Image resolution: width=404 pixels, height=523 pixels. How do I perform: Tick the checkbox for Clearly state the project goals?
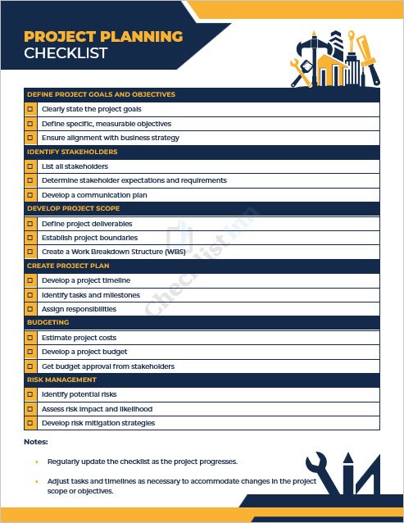pos(31,109)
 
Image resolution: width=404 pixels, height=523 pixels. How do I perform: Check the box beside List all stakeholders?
pos(31,166)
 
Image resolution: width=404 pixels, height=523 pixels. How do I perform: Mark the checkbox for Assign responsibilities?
pos(31,309)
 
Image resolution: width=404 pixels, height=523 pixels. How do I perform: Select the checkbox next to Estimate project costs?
pos(31,338)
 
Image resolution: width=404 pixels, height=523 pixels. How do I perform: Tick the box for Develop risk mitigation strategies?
pos(31,423)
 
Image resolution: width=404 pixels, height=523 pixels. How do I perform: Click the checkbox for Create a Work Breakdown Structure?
pos(31,252)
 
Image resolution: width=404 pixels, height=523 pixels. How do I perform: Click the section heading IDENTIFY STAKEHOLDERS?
pos(72,152)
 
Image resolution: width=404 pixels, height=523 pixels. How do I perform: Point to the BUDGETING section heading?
pos(49,323)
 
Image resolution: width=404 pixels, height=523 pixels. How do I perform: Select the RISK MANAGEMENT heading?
pos(61,380)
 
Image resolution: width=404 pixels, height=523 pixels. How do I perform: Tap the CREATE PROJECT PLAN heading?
pos(68,266)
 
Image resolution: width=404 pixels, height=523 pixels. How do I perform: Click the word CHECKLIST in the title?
pos(66,54)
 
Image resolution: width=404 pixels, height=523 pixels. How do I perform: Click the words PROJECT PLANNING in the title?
pos(103,37)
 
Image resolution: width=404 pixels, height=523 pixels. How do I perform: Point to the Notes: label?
pos(36,442)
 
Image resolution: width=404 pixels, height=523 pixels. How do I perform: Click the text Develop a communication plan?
pos(94,195)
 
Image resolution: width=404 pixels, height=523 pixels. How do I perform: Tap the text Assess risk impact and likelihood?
pos(97,409)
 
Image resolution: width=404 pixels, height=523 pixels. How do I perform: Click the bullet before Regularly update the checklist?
pos(37,462)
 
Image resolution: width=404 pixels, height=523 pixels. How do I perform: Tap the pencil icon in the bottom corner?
pos(347,471)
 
